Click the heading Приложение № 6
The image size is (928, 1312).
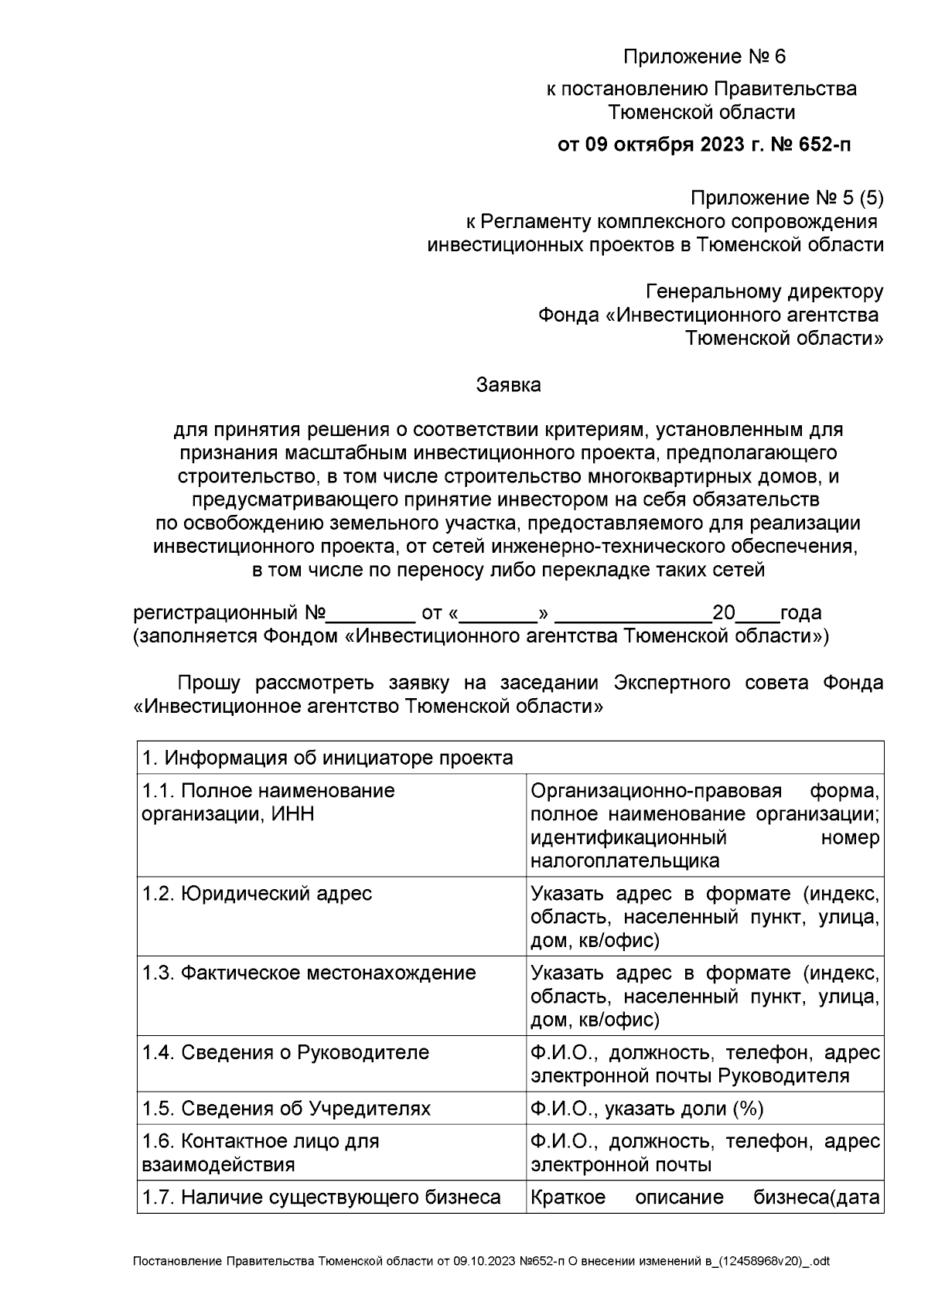(704, 57)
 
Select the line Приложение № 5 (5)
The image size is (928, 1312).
(786, 199)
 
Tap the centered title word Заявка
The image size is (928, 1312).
(508, 384)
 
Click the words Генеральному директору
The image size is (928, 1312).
(764, 291)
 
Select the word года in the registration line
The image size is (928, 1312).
(801, 613)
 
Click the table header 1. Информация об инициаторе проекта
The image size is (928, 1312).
(327, 758)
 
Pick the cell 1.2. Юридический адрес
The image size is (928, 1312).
(257, 894)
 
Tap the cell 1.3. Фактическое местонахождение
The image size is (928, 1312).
(309, 973)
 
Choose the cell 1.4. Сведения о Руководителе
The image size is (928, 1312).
(285, 1052)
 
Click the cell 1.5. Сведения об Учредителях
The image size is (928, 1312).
(286, 1109)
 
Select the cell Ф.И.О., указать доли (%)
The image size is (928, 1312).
(647, 1109)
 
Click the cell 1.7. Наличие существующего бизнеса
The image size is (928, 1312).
(321, 1198)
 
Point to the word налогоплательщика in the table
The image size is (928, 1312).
(625, 860)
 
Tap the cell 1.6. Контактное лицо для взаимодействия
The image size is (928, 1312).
(261, 1153)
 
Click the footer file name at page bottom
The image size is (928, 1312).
(481, 1262)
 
